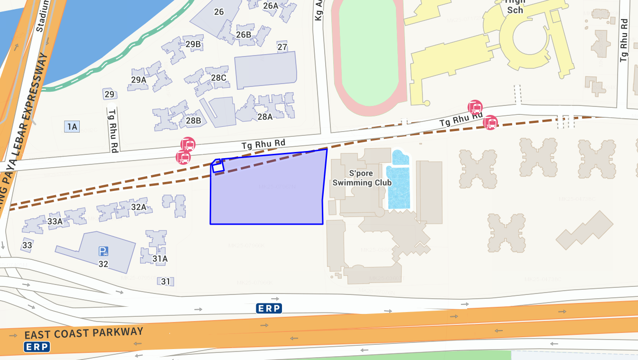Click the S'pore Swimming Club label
362,178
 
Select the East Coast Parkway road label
84,332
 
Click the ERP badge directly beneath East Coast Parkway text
37,347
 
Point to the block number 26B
244,35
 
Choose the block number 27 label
282,47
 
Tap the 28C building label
218,77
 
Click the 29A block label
139,80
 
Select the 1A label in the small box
72,126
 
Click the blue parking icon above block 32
103,251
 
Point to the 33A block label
55,221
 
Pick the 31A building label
160,259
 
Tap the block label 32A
139,207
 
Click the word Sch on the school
515,10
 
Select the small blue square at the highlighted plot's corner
217,165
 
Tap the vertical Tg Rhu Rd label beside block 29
113,131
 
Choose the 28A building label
265,117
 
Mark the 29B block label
193,45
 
